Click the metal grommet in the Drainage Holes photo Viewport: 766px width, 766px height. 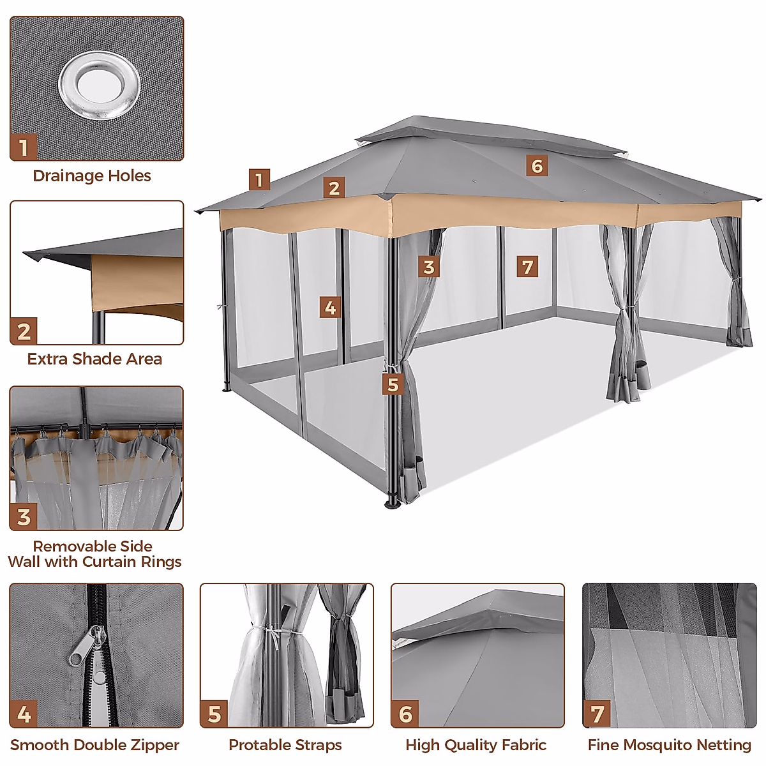[99, 84]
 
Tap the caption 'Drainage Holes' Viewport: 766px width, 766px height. [92, 176]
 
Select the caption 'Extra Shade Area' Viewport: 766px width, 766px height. [94, 359]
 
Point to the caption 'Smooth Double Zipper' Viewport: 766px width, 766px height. [94, 745]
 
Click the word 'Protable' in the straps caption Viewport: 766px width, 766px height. [252, 745]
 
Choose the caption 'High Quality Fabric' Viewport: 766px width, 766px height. [476, 745]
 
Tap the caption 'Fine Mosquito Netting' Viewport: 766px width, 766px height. [669, 745]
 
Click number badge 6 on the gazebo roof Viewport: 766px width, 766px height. [537, 166]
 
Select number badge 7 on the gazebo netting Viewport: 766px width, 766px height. [527, 266]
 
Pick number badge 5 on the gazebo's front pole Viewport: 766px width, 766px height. [393, 385]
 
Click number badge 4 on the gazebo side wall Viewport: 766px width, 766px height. [330, 308]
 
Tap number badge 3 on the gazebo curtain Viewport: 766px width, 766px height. [429, 267]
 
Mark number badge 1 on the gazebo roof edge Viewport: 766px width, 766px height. [259, 180]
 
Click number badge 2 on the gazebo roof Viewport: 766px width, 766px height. [333, 188]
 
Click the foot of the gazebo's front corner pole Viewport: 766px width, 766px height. [392, 503]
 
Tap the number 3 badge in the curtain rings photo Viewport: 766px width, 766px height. [24, 516]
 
